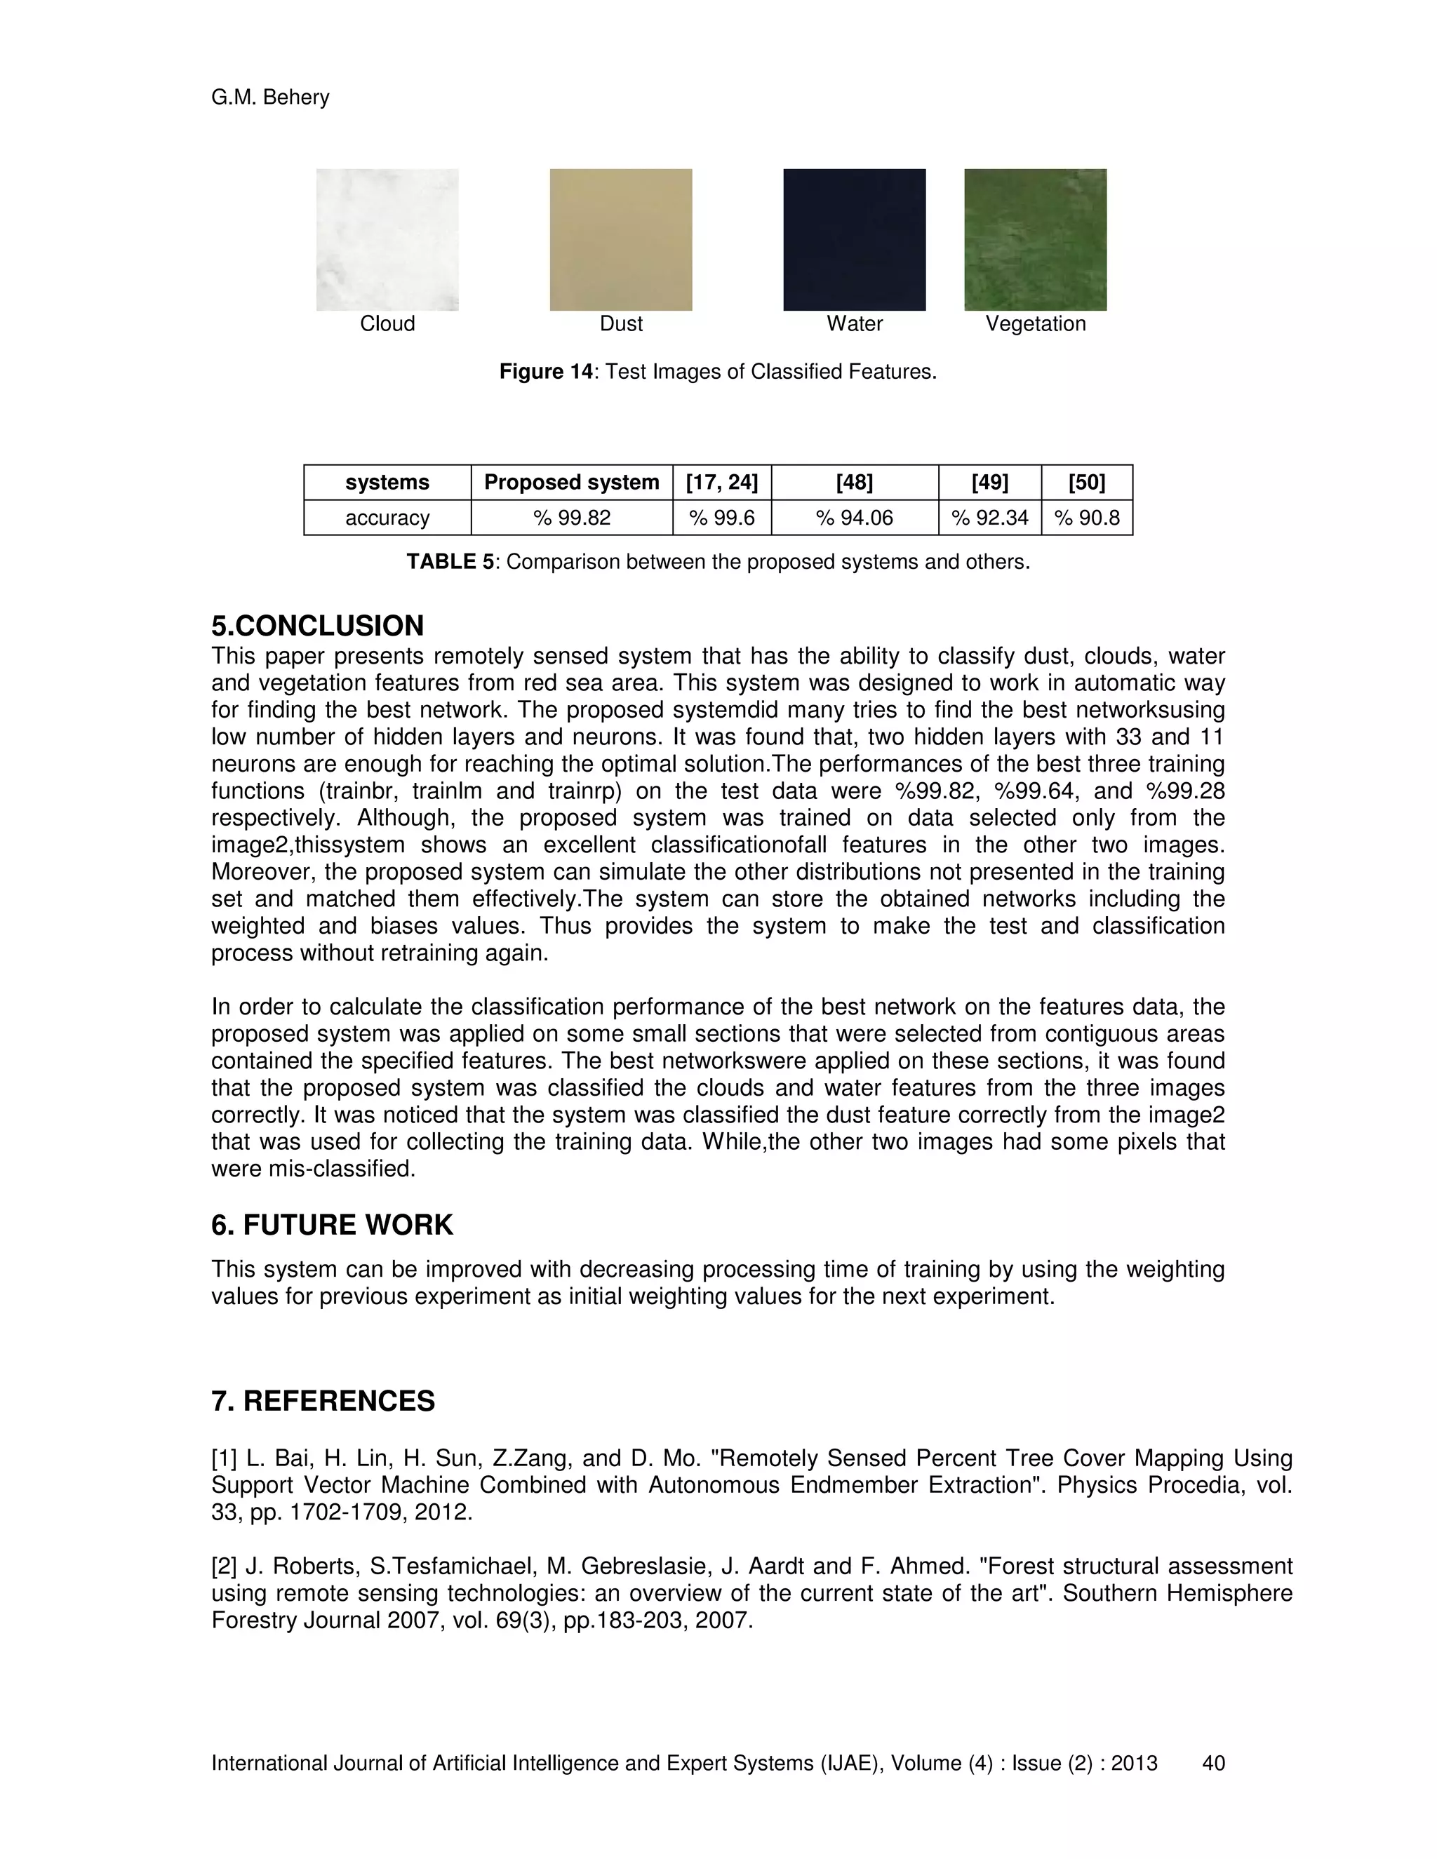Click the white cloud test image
pos(387,239)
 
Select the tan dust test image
pos(620,239)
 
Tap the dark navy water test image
pos(854,239)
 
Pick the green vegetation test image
pos(1035,239)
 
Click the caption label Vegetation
pos(1035,323)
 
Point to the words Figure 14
pos(544,372)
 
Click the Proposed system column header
pos(571,483)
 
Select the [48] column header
pos(854,483)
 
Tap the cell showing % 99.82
pos(571,518)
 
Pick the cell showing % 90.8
pos(1086,518)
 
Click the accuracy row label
pos(387,518)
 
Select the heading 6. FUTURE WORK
pos(332,1225)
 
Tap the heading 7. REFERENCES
pos(323,1401)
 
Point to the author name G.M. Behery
pos(270,97)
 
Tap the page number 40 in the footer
pos(1213,1763)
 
